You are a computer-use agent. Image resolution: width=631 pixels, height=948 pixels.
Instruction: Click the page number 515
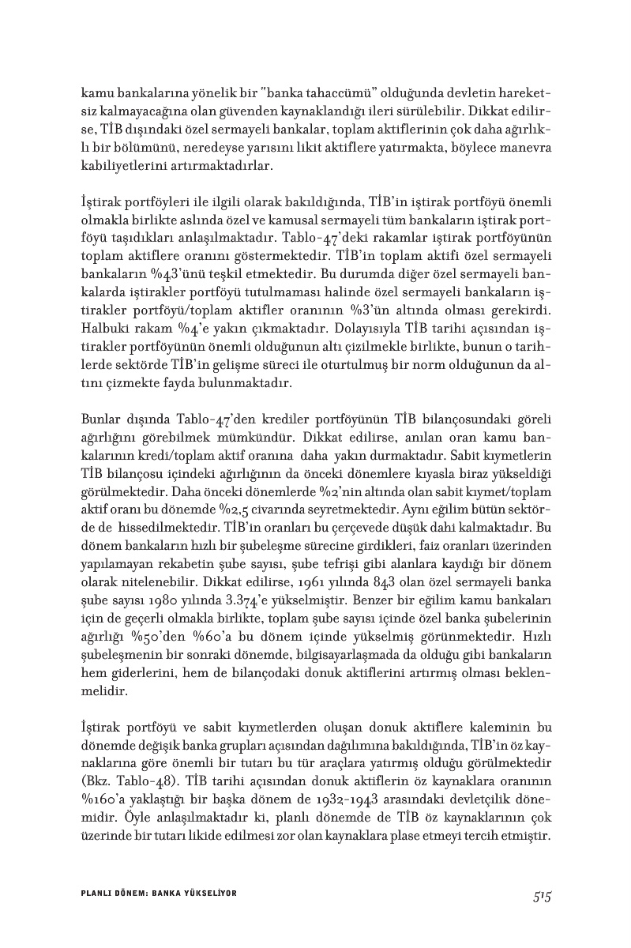click(540, 896)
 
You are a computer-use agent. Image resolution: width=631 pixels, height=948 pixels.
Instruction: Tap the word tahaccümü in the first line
click(322, 88)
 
